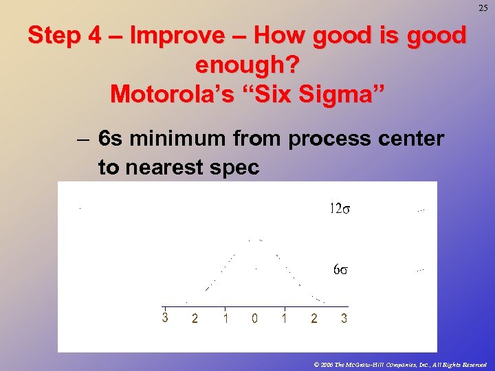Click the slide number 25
coord(483,8)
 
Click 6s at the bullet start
coord(110,139)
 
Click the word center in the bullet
coord(411,139)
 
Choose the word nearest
coord(169,168)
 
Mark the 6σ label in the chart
coord(340,269)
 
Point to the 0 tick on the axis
coord(254,319)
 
